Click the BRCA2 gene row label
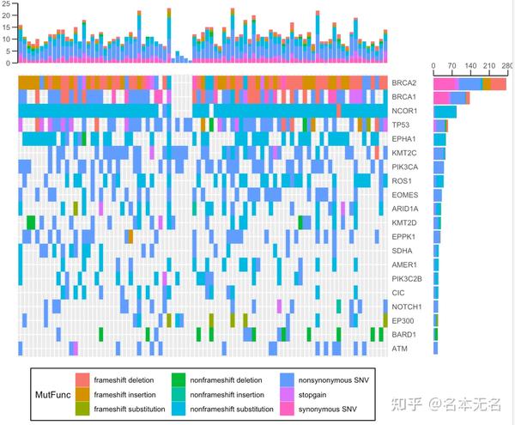pos(404,83)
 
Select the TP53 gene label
pos(402,124)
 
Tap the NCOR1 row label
pos(404,111)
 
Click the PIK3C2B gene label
pos(407,278)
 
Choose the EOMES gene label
pos(404,195)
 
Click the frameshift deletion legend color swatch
pos(82,379)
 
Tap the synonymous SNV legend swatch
pos(288,410)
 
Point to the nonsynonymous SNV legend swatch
pos(288,379)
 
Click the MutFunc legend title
pos(53,395)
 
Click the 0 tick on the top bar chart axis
pos(9,63)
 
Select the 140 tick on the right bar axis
pos(470,64)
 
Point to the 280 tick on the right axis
pos(506,64)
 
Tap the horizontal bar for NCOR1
pos(445,112)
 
